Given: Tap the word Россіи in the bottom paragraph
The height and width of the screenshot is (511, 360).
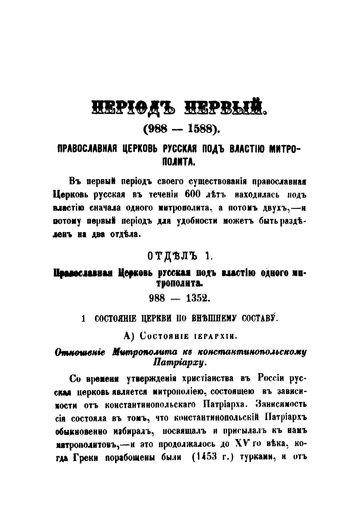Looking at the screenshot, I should (x=271, y=378).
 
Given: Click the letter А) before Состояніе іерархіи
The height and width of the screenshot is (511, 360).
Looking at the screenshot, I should (x=129, y=336).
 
